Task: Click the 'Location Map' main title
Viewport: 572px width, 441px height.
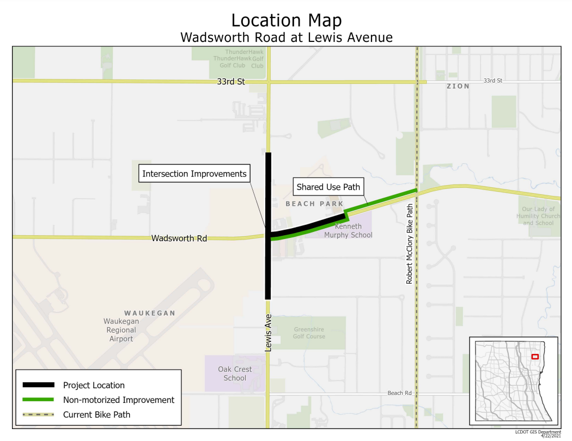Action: point(287,20)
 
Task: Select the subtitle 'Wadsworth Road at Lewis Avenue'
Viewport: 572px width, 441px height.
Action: point(287,38)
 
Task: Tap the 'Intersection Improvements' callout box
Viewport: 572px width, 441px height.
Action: point(194,174)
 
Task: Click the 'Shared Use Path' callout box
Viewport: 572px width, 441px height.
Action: point(328,187)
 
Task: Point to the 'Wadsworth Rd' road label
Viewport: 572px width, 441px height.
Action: point(179,238)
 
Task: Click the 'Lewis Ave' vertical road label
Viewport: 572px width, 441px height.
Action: point(268,332)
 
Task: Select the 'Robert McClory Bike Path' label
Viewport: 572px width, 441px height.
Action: point(409,244)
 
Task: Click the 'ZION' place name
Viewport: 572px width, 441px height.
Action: point(458,86)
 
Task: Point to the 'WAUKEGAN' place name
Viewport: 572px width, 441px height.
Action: point(150,313)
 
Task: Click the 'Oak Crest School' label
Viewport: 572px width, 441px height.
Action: point(235,373)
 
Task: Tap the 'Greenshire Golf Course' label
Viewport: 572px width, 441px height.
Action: point(309,333)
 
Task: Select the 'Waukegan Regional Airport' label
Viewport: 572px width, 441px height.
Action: point(121,330)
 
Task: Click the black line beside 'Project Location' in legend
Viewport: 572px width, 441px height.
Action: point(38,385)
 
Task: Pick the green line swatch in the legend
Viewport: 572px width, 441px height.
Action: point(38,400)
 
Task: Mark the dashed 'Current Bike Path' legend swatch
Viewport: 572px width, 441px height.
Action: point(38,414)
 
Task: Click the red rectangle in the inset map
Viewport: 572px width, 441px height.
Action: point(535,357)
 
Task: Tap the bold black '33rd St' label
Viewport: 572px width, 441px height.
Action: point(231,82)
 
